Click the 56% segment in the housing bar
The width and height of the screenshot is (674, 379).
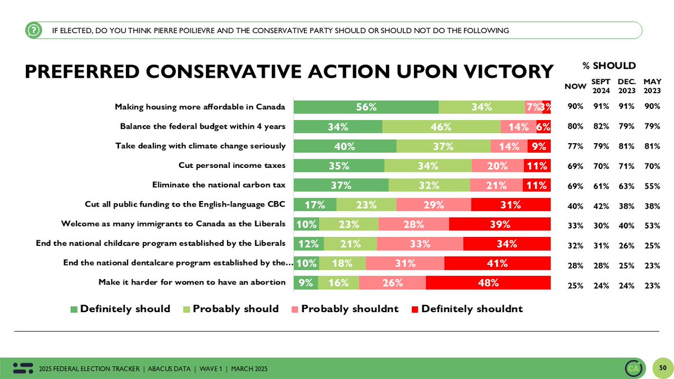coord(366,107)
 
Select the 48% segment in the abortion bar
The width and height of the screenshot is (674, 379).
coord(488,282)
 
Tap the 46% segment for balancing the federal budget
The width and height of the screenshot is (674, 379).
coord(441,127)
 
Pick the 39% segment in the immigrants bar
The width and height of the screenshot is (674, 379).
coord(500,225)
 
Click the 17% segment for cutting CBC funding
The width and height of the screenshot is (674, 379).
coord(315,205)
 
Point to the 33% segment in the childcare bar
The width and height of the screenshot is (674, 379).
coord(420,244)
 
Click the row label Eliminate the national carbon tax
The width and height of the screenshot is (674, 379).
coord(219,185)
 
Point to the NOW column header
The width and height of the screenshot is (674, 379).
coord(575,86)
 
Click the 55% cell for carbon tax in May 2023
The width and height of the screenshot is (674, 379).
coord(652,184)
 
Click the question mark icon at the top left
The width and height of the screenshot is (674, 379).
coord(34,30)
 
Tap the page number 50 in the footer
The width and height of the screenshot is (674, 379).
coord(662,368)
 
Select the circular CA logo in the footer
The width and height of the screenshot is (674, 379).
coord(634,368)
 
